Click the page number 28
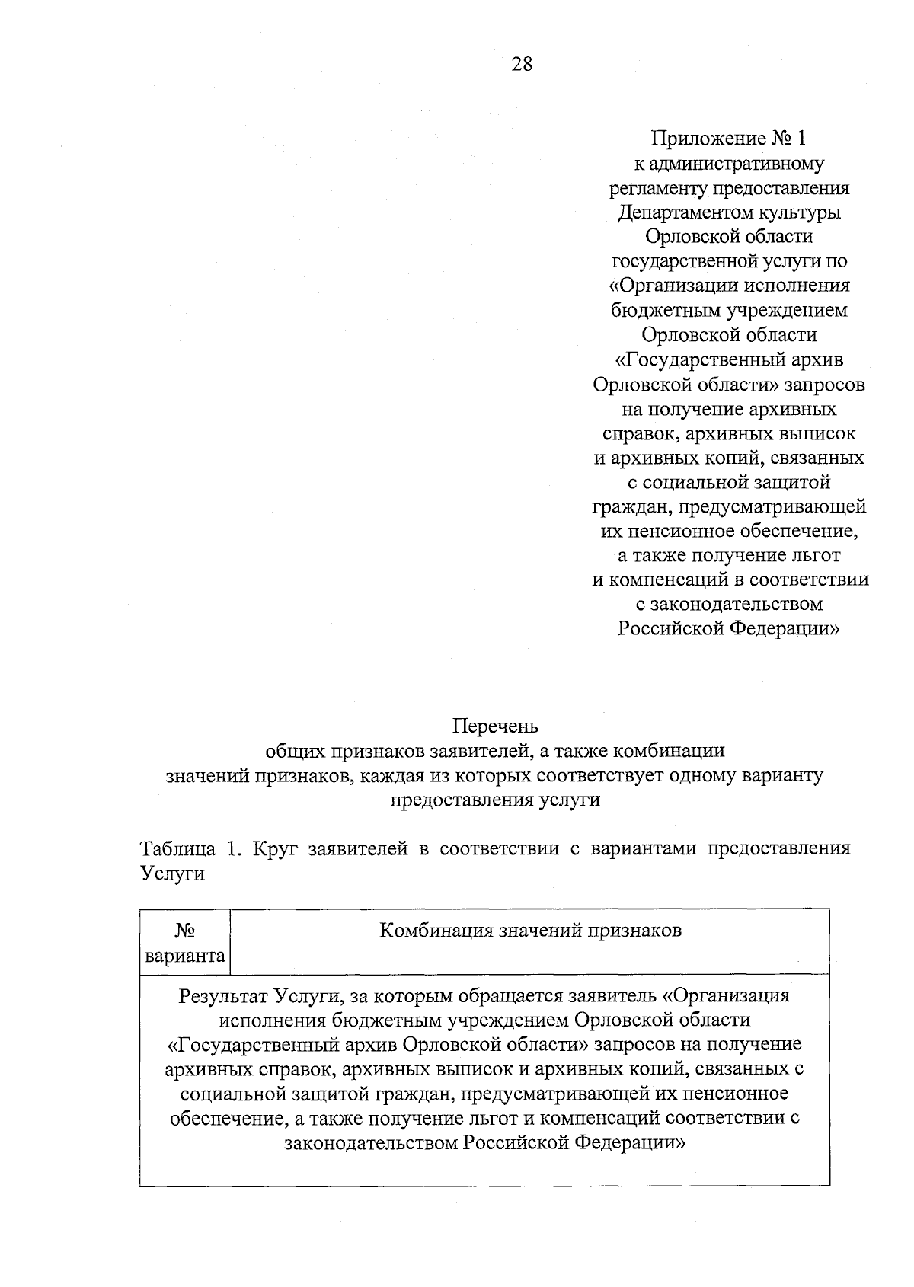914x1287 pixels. pyautogui.click(x=523, y=64)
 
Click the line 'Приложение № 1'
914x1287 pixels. pyautogui.click(x=728, y=139)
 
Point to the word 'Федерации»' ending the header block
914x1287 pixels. pyautogui.click(x=796, y=628)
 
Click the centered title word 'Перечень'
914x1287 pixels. pyautogui.click(x=495, y=726)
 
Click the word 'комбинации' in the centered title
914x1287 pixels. pyautogui.click(x=676, y=750)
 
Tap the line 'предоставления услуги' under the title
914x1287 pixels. pyautogui.click(x=495, y=800)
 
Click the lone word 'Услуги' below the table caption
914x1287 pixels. pyautogui.click(x=173, y=873)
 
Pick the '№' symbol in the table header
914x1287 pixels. pyautogui.click(x=184, y=931)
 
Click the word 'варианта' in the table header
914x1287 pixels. pyautogui.click(x=185, y=955)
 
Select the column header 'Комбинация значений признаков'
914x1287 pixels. pyautogui.click(x=530, y=930)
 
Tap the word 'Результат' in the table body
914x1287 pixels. pyautogui.click(x=222, y=995)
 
